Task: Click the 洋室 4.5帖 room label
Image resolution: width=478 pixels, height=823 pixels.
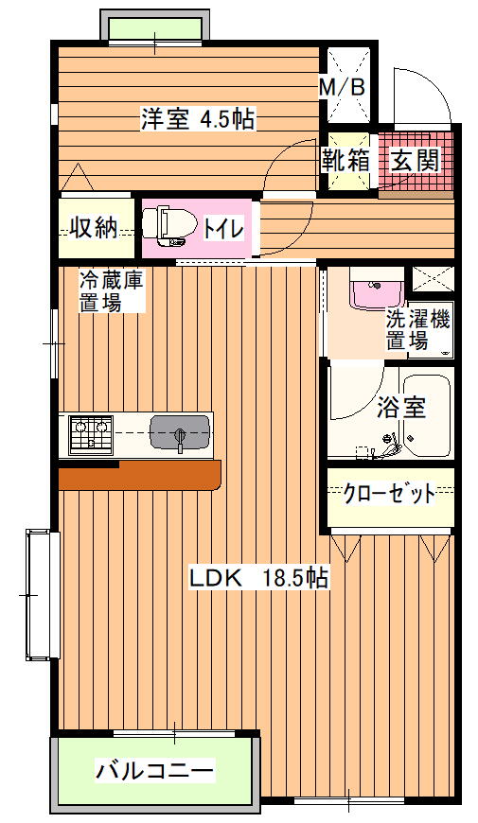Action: pos(198,119)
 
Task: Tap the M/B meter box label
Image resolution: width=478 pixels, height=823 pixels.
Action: pos(343,88)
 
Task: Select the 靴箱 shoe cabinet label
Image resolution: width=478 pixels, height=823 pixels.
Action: pos(346,160)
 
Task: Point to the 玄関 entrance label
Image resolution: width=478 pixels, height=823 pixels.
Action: pos(415,160)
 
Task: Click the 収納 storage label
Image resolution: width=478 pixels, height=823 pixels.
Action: pos(94,228)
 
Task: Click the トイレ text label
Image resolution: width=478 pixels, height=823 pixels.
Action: pos(223,229)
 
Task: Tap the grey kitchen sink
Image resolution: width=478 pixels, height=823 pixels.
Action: pos(180,432)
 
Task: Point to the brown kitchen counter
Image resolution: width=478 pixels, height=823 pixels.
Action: pos(139,475)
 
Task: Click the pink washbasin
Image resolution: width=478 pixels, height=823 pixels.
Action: pos(377,295)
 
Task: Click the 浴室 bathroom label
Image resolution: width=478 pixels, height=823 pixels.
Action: pos(401,407)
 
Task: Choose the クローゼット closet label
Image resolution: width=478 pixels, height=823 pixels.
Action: pos(389,494)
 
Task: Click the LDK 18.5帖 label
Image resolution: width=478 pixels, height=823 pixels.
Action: pos(258,578)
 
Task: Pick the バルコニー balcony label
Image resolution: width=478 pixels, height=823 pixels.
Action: pos(155,771)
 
